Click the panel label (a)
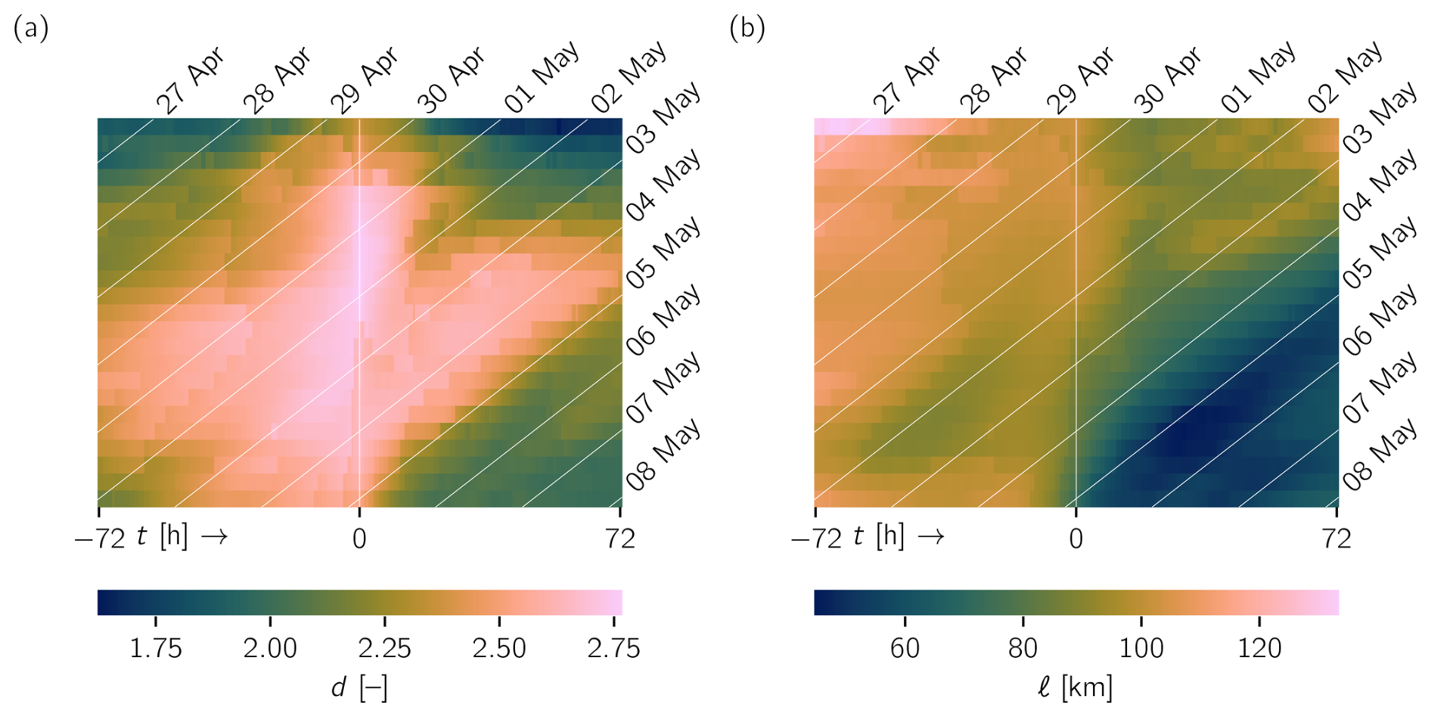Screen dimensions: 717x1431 click(x=31, y=29)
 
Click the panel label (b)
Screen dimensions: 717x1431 click(x=747, y=29)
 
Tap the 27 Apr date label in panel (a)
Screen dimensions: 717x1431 click(x=191, y=81)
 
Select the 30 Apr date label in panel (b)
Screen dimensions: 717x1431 click(x=1168, y=81)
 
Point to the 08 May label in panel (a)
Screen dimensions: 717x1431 click(x=663, y=455)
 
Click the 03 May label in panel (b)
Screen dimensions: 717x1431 click(x=1380, y=119)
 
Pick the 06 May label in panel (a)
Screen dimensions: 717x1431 click(x=663, y=321)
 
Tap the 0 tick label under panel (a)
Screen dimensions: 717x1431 click(x=359, y=539)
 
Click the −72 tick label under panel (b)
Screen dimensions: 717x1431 click(x=816, y=539)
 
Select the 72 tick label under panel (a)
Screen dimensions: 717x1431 click(x=620, y=539)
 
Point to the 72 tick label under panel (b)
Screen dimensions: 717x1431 click(x=1336, y=539)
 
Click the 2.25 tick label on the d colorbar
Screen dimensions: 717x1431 click(x=384, y=648)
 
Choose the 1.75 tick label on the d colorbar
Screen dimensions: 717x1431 click(x=156, y=648)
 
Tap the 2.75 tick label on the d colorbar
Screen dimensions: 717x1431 click(x=613, y=648)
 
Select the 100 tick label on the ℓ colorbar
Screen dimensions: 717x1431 click(x=1141, y=648)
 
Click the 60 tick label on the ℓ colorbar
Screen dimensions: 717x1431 click(x=905, y=648)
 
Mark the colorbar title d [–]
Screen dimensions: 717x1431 click(x=359, y=688)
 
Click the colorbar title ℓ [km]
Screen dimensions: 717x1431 click(x=1076, y=688)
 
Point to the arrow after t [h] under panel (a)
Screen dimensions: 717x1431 click(x=215, y=537)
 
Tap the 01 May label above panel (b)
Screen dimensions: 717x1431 click(x=1258, y=77)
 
